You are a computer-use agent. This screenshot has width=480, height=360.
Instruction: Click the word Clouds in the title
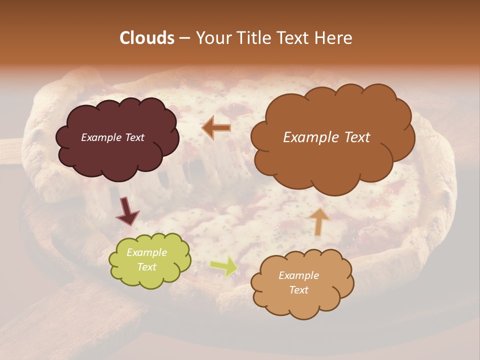(147, 38)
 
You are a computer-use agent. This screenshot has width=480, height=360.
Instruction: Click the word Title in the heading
(253, 38)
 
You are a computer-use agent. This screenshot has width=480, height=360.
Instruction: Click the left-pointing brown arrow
(216, 128)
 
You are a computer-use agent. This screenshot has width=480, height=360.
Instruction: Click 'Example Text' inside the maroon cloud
(112, 137)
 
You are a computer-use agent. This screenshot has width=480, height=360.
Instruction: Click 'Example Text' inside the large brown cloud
(326, 137)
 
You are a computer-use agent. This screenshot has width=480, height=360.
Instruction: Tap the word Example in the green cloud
(146, 253)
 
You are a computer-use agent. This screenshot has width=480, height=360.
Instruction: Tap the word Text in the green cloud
(146, 267)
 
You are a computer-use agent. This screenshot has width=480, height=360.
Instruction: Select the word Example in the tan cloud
(298, 275)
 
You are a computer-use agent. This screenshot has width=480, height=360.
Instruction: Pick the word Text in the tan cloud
(298, 290)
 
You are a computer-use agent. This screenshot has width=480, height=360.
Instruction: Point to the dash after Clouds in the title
(184, 38)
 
